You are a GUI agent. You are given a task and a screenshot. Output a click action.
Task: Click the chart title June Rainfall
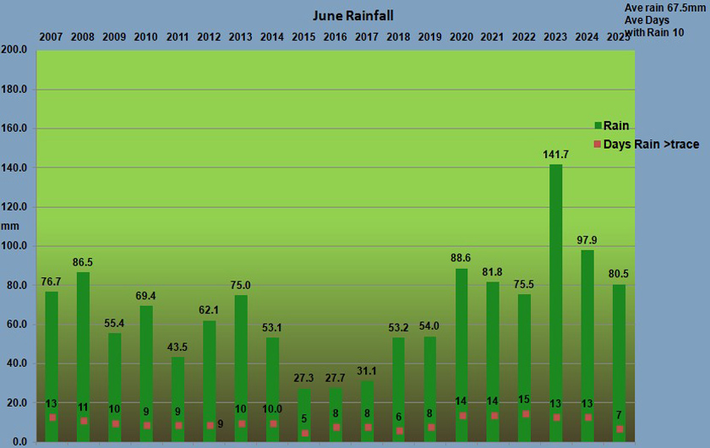(x=352, y=15)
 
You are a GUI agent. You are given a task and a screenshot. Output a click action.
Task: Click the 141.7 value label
(x=555, y=155)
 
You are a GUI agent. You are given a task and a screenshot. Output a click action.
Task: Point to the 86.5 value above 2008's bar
(x=83, y=263)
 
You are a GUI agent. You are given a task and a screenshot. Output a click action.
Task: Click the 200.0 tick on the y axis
(x=16, y=50)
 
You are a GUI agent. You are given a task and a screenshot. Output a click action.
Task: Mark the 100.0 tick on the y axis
(x=16, y=246)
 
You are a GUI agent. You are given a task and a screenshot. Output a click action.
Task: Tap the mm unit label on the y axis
(x=9, y=226)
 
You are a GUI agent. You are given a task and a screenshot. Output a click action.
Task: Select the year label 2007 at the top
(x=52, y=36)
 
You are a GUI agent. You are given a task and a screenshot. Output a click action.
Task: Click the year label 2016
(x=336, y=36)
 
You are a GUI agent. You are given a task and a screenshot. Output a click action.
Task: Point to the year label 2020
(x=461, y=36)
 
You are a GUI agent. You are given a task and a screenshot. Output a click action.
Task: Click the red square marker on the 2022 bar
(x=525, y=414)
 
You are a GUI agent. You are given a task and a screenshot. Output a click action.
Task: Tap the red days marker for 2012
(x=210, y=425)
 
